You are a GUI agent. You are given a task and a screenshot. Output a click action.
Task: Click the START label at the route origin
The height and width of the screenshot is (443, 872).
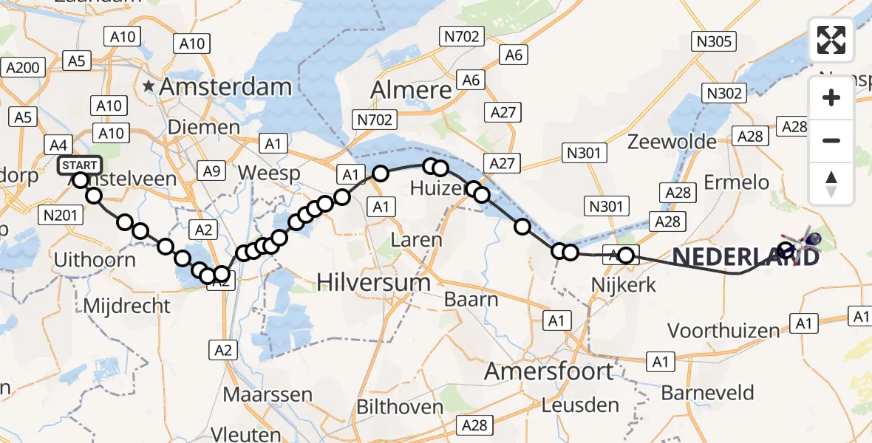pyautogui.click(x=78, y=164)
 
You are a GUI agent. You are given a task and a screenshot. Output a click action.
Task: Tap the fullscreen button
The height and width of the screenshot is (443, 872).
pyautogui.click(x=831, y=40)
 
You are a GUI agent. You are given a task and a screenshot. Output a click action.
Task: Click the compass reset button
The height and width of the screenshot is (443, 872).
pyautogui.click(x=831, y=184)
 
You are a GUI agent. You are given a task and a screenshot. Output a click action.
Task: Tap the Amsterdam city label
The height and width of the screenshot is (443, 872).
pyautogui.click(x=225, y=87)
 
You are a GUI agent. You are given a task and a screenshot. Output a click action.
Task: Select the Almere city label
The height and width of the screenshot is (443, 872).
pyautogui.click(x=411, y=90)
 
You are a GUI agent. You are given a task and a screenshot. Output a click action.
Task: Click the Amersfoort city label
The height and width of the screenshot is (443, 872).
pyautogui.click(x=548, y=371)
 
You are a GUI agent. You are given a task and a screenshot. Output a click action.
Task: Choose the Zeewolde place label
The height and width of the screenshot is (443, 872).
pyautogui.click(x=672, y=141)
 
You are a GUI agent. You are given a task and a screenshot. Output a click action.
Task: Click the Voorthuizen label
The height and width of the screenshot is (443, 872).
pyautogui.click(x=724, y=330)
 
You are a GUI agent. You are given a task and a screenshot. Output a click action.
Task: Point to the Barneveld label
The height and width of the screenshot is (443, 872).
pyautogui.click(x=708, y=392)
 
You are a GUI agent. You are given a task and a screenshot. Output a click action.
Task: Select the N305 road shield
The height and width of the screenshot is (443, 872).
pyautogui.click(x=714, y=41)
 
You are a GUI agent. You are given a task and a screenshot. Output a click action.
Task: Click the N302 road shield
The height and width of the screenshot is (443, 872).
pyautogui.click(x=725, y=93)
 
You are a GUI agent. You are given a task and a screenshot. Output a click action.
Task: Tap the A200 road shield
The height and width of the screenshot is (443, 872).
pyautogui.click(x=22, y=68)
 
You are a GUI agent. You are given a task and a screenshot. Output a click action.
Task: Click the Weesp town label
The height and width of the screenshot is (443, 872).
pyautogui.click(x=270, y=173)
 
